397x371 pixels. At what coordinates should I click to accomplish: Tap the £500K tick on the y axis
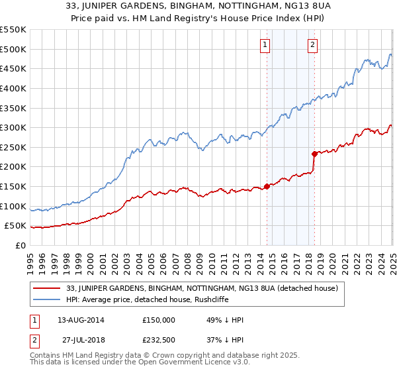click(13, 49)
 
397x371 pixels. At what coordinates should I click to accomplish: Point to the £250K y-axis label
click(13, 148)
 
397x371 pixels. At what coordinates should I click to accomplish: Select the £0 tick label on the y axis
click(21, 246)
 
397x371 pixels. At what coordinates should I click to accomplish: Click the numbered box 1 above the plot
click(265, 46)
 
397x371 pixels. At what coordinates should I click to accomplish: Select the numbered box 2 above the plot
click(312, 46)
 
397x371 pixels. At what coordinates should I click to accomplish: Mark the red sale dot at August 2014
click(267, 186)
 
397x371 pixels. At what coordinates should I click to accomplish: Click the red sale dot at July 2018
click(314, 154)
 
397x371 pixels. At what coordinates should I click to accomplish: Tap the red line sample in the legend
click(46, 288)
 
